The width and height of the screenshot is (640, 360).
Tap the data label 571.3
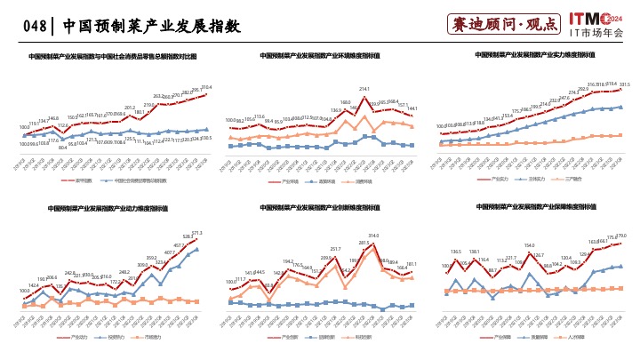pyautogui.click(x=196, y=233)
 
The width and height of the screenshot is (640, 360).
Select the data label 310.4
pyautogui.click(x=206, y=87)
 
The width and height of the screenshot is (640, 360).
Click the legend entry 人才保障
pyautogui.click(x=579, y=338)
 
